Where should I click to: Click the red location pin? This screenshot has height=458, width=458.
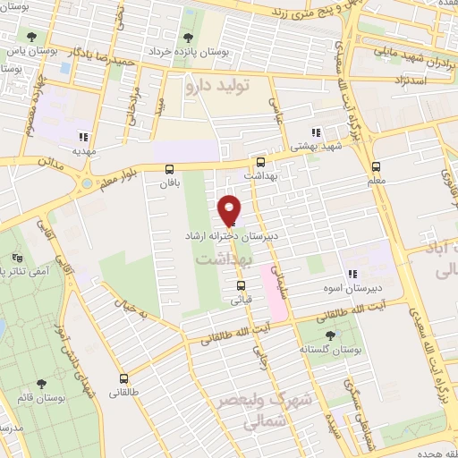(x=230, y=210)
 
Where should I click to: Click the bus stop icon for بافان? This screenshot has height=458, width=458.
(x=169, y=168)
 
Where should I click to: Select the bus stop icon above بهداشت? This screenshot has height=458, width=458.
(x=260, y=162)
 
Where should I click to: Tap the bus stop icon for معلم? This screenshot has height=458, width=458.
(x=376, y=166)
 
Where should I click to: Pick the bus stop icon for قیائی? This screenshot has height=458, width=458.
(x=240, y=286)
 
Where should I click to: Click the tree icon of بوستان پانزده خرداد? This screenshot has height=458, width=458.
(x=188, y=38)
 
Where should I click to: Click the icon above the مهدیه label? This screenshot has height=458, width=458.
(x=82, y=138)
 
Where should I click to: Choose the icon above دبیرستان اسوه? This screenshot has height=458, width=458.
(x=352, y=275)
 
